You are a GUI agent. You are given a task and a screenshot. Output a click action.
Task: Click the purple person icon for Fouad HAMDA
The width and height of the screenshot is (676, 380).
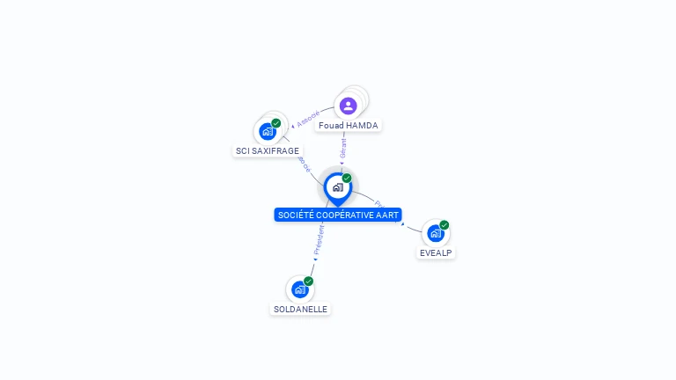tap(348, 106)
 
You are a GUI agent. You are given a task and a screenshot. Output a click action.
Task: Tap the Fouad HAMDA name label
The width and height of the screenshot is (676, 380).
tap(349, 126)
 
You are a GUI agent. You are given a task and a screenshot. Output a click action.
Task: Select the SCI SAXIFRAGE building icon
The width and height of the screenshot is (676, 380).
tap(268, 132)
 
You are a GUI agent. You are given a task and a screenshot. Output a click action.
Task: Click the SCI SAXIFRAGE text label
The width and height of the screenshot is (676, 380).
tap(268, 151)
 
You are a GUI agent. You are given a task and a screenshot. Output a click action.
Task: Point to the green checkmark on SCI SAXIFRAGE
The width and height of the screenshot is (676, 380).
tap(276, 123)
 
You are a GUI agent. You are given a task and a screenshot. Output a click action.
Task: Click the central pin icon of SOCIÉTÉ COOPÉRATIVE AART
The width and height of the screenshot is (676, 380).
tap(337, 187)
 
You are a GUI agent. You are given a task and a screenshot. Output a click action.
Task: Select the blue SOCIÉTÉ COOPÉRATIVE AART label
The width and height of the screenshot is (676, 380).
tap(338, 215)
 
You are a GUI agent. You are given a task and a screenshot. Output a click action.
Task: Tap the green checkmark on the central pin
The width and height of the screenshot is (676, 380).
tap(347, 179)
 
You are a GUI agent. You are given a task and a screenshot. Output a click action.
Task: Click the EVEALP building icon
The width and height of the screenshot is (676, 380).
tap(435, 233)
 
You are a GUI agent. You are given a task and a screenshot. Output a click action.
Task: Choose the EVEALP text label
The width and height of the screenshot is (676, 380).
tap(437, 252)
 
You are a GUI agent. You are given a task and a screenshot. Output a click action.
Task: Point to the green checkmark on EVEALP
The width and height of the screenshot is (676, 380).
tap(445, 225)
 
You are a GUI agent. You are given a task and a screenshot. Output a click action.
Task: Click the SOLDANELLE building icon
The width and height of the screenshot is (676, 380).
tap(299, 289)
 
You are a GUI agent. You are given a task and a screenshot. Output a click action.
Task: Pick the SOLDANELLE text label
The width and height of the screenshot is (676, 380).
tap(300, 310)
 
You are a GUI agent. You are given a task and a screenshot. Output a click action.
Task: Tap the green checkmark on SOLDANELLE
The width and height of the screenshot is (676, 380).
tap(309, 281)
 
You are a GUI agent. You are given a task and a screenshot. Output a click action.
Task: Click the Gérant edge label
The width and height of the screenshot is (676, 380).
tap(343, 148)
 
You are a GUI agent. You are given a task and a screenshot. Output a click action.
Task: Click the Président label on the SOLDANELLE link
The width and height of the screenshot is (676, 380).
tap(319, 240)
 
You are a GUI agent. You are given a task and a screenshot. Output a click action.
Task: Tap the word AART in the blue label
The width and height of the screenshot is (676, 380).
tap(389, 215)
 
